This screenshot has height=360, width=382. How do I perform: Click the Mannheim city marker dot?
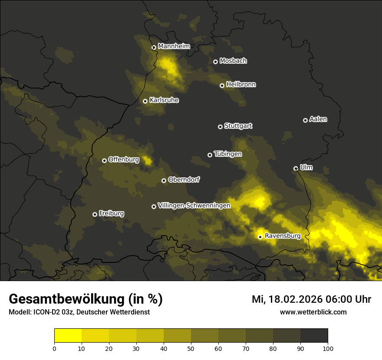pos(154,48)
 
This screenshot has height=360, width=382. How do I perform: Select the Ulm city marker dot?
pos(296,168)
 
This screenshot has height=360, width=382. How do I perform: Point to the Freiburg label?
pos(111,213)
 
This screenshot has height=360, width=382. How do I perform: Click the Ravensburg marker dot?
pos(260,237)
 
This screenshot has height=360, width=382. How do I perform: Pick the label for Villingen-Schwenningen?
pos(194,206)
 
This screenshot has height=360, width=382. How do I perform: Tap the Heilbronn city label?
pos(241,85)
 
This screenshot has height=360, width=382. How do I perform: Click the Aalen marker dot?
pos(305,120)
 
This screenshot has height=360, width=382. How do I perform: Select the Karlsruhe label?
pos(164,100)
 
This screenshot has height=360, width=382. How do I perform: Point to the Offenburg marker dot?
pos(104,160)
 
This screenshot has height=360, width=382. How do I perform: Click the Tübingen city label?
pos(228,154)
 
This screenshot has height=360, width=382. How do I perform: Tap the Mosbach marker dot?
pos(215,62)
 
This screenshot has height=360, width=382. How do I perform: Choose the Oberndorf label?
pos(184,180)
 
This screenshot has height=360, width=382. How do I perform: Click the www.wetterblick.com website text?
pos(313,312)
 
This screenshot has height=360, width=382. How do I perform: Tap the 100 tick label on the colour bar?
pos(328,348)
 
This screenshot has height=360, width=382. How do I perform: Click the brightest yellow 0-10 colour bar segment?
pos(68,336)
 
